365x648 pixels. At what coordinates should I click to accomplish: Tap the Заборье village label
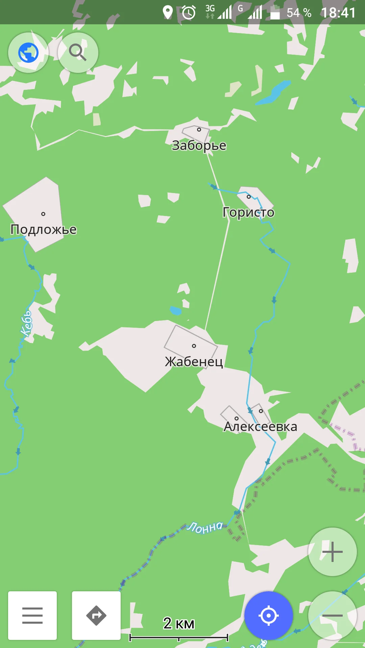point(199,145)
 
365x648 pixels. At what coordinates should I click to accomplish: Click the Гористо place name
point(248,212)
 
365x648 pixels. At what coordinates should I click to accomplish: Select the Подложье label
point(44,230)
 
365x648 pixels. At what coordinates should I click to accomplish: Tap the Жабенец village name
point(194,361)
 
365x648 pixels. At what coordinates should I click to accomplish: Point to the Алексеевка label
point(260,427)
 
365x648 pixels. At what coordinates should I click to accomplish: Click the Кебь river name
point(26,324)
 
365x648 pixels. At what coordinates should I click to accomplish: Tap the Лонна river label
point(205,527)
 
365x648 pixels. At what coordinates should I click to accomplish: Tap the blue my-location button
point(269,616)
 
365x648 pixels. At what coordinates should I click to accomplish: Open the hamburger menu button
point(32,616)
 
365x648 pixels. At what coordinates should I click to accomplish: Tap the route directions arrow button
point(96,616)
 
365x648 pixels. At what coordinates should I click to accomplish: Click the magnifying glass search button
point(78,53)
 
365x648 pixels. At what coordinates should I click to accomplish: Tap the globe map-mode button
point(28,53)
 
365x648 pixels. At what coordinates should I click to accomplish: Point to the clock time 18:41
point(338,13)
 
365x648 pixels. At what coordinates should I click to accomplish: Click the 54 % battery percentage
point(299,13)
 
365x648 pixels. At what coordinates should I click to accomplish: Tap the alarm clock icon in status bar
point(189,13)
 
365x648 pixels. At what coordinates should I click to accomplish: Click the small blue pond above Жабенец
point(175,310)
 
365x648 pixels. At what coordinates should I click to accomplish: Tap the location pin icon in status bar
point(168,12)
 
